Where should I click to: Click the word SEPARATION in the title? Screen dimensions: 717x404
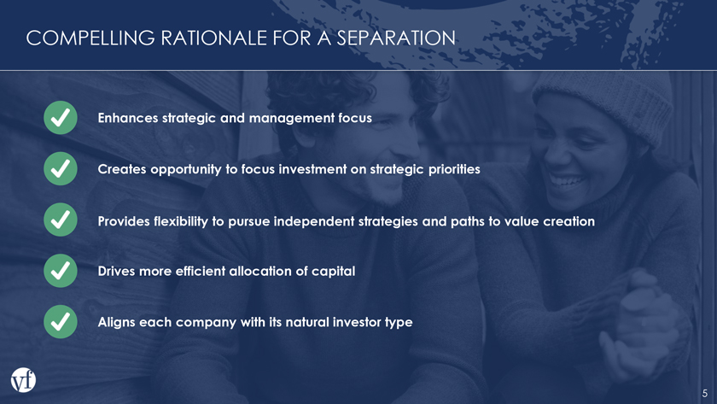pyautogui.click(x=396, y=38)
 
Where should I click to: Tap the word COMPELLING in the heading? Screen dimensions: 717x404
pyautogui.click(x=90, y=38)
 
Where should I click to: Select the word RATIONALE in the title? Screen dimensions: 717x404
pyautogui.click(x=213, y=38)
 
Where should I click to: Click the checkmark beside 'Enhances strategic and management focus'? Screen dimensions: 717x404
pyautogui.click(x=61, y=118)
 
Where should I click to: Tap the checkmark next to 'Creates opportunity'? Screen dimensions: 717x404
pyautogui.click(x=61, y=169)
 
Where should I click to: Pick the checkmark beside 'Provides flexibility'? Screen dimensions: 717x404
pyautogui.click(x=61, y=220)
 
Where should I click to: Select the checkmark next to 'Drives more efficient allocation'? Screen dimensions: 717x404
pyautogui.click(x=61, y=271)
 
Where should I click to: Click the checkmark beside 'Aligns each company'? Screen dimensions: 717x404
pyautogui.click(x=61, y=322)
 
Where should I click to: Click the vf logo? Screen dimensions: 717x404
pyautogui.click(x=23, y=380)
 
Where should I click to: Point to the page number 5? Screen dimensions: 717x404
pyautogui.click(x=705, y=394)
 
